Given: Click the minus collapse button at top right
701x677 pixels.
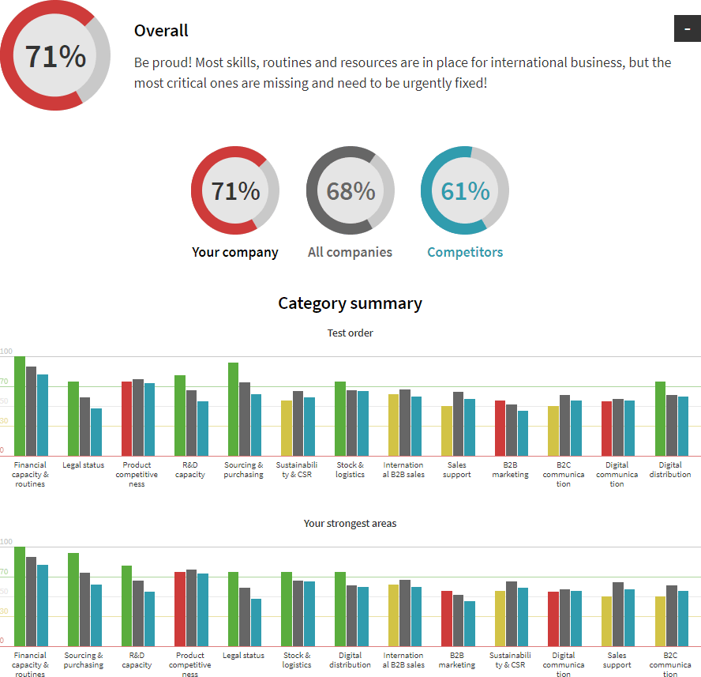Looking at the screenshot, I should [x=687, y=28].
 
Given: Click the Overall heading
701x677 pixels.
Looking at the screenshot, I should [x=161, y=31].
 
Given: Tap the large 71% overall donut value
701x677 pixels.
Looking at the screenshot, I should [x=55, y=57].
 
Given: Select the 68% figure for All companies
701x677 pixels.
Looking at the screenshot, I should [x=350, y=191].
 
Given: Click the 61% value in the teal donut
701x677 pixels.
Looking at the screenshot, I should [x=465, y=191].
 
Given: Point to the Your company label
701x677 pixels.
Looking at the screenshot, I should [x=235, y=253].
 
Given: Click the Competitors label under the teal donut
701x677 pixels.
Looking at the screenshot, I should [x=465, y=253].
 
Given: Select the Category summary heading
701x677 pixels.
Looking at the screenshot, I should [x=350, y=303].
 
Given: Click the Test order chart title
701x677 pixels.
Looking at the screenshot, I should [x=350, y=333].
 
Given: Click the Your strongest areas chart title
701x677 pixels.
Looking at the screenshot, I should [x=350, y=524].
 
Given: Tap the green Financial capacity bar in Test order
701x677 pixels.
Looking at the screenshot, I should [x=20, y=406].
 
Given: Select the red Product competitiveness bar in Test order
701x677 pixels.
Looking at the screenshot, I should [x=126, y=419].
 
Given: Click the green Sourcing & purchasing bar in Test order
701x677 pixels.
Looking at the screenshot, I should [x=234, y=409].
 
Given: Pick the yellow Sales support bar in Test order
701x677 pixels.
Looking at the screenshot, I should [x=447, y=431].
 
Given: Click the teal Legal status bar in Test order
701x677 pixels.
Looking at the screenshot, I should [x=96, y=431].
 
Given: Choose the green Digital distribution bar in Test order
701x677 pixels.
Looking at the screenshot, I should [x=661, y=419].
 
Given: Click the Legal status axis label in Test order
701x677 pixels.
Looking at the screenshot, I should [x=83, y=465].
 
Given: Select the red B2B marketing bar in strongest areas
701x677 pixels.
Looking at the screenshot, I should [x=447, y=619].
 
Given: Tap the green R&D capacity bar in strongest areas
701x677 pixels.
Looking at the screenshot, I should [x=126, y=606].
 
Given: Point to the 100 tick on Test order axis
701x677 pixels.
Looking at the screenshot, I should [x=6, y=352].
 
